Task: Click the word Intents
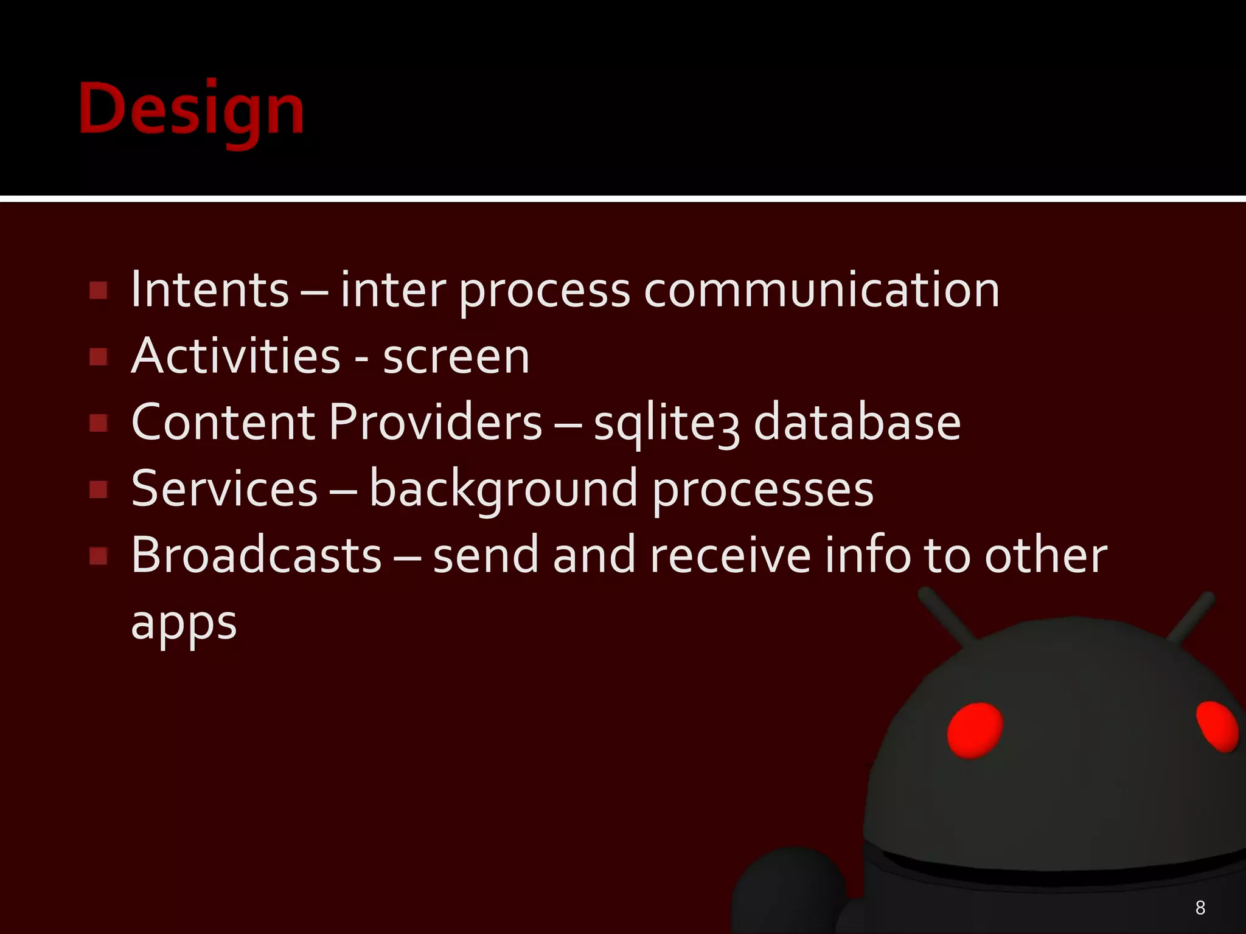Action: (x=210, y=290)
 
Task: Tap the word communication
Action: (x=821, y=290)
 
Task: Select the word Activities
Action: (x=235, y=356)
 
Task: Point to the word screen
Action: (x=456, y=356)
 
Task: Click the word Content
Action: (x=223, y=422)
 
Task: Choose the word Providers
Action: (x=435, y=422)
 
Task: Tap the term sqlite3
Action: (x=667, y=424)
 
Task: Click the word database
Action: (x=857, y=422)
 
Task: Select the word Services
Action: (x=224, y=488)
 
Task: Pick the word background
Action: (x=503, y=489)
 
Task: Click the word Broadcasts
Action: (x=256, y=555)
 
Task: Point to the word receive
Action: (x=730, y=555)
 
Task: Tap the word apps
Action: (x=184, y=624)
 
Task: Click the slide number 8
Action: (x=1200, y=908)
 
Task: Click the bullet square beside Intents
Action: (x=99, y=291)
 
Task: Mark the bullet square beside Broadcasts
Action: (x=99, y=556)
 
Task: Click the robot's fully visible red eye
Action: (x=975, y=730)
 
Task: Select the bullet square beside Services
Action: (x=99, y=489)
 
